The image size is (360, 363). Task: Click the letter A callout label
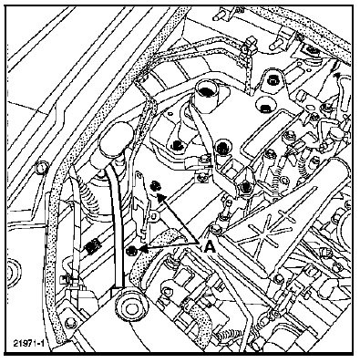tap(210, 246)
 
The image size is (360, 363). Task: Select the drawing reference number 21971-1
tap(29, 344)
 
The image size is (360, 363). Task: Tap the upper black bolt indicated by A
tap(156, 185)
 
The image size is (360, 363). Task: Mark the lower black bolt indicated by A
tap(131, 250)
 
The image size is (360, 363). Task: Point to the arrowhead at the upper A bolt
tap(161, 196)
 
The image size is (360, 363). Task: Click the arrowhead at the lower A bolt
tap(142, 249)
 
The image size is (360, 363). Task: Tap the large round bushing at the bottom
tap(130, 308)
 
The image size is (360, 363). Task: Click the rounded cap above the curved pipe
tap(117, 139)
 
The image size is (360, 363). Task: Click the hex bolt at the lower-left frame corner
tap(70, 322)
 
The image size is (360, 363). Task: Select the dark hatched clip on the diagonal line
tap(92, 245)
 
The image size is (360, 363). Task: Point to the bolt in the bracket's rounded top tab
tap(272, 81)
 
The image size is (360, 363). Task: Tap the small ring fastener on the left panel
tap(42, 167)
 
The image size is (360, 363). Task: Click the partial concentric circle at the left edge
tap(13, 272)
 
